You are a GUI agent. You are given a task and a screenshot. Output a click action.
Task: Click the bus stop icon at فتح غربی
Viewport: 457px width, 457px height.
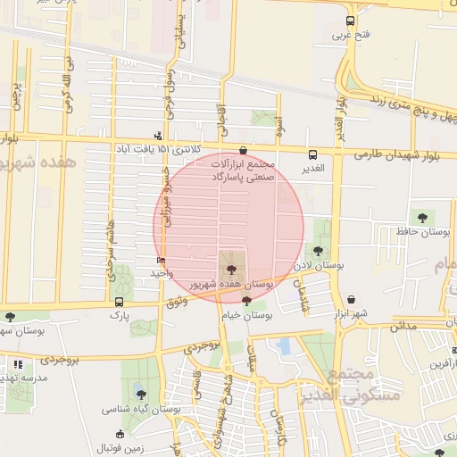point(349,20)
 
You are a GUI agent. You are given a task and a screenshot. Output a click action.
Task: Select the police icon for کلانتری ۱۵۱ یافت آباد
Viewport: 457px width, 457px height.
point(159,137)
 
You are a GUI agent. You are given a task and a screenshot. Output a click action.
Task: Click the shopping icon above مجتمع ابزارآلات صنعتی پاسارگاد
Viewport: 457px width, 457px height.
point(245,151)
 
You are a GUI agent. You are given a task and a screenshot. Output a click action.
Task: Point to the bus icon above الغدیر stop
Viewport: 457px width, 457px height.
point(312,154)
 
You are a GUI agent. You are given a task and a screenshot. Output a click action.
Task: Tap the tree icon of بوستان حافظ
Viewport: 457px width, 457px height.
point(421,217)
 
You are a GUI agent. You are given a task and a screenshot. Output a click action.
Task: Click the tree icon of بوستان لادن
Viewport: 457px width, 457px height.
point(320,251)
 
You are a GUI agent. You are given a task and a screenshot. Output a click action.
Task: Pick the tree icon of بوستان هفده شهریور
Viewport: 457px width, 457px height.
point(230,266)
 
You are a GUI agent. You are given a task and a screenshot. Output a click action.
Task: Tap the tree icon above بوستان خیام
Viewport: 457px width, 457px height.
point(246,302)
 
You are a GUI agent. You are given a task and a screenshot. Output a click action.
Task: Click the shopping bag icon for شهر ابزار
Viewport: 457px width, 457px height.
point(351,300)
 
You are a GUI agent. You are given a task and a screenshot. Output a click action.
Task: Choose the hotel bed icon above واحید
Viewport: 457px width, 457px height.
point(161,260)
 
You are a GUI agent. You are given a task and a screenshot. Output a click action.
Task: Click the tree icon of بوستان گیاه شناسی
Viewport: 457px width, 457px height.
point(140,394)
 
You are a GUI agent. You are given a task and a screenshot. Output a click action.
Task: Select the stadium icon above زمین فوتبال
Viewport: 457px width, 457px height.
point(120,434)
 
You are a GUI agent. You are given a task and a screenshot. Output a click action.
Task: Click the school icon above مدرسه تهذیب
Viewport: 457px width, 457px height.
point(18,364)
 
